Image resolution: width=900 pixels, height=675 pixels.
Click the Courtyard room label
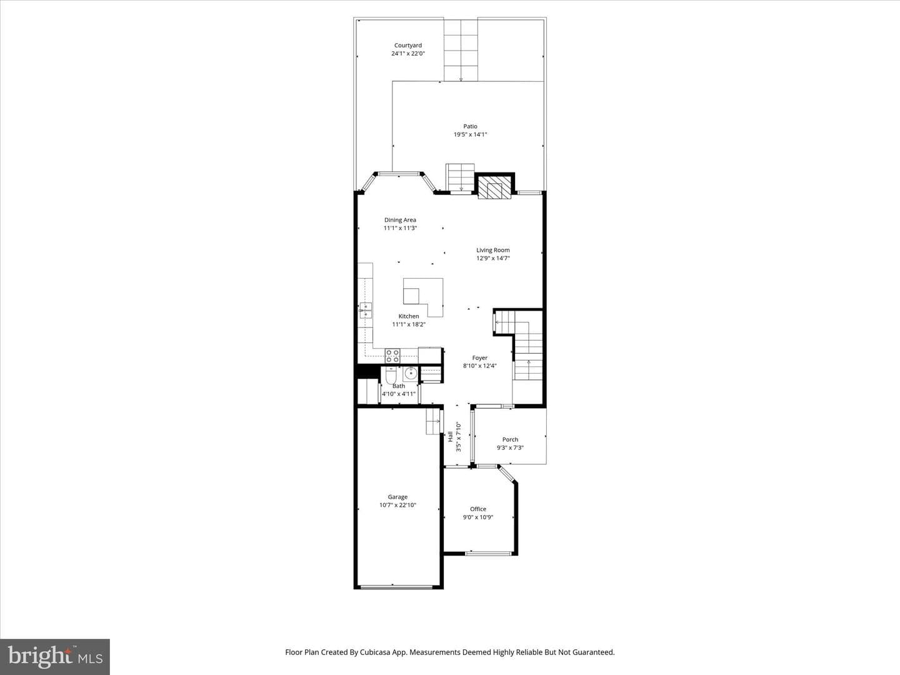(408, 46)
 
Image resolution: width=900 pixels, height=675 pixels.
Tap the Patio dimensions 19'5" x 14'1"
(470, 134)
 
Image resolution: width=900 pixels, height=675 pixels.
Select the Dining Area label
(400, 220)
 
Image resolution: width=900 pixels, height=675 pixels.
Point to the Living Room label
(493, 250)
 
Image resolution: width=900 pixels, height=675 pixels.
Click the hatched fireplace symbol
(494, 187)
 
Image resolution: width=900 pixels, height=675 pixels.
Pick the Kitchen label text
(409, 316)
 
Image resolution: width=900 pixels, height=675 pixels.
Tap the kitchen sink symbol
(366, 311)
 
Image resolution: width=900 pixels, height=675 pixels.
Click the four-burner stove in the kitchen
(392, 356)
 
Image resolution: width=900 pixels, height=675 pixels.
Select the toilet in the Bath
(391, 375)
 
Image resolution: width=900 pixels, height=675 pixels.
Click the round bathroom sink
(411, 374)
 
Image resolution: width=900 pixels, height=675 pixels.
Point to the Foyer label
(480, 357)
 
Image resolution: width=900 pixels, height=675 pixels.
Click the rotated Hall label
(450, 436)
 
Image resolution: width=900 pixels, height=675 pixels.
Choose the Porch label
(510, 439)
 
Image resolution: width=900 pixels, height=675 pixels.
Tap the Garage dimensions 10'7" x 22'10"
(397, 505)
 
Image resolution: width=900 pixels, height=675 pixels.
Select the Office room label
(478, 509)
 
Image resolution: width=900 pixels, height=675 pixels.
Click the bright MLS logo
(55, 656)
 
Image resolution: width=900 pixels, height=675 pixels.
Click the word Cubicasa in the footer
(375, 652)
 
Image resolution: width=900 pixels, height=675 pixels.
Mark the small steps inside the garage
(433, 421)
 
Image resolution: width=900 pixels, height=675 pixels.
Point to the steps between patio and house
(461, 177)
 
